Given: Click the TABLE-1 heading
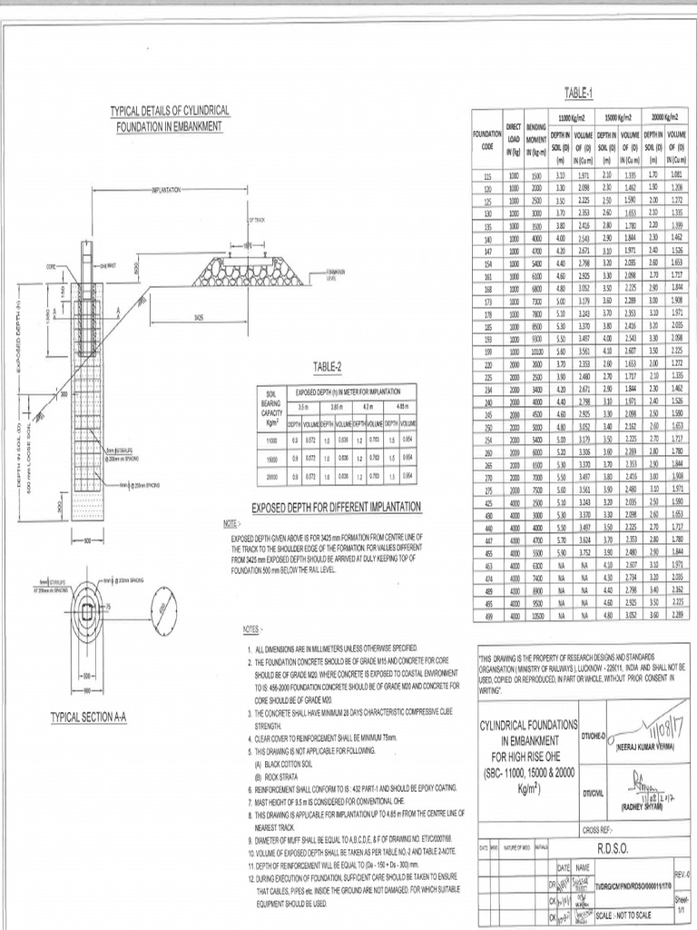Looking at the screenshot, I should [577, 93].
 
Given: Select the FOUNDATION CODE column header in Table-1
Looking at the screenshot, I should [487, 139].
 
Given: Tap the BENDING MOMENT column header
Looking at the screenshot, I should [535, 139].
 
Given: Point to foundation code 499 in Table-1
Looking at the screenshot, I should [487, 614].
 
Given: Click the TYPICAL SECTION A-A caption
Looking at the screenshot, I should [89, 717].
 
